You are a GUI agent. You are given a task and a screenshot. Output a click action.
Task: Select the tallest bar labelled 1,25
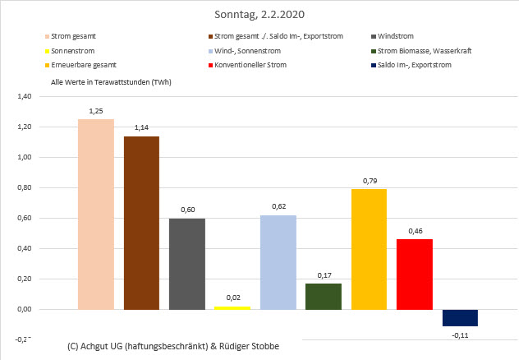coord(96,214)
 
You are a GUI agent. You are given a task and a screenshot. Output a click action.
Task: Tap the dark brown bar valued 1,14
coord(141,223)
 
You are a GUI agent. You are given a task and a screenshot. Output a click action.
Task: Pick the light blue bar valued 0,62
coord(278,262)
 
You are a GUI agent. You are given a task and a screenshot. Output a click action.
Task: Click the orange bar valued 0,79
coord(369,249)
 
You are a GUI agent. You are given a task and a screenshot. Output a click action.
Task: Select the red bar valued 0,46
coord(414,274)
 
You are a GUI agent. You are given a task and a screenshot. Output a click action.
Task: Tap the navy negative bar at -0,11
coord(460,317)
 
